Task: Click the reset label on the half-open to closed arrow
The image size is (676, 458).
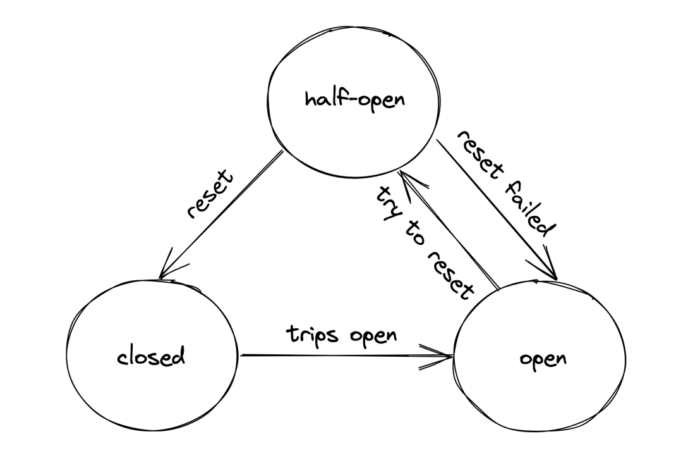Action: tap(210, 194)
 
